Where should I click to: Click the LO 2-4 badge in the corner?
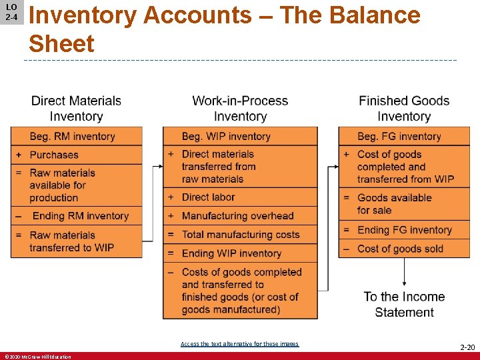click(11, 12)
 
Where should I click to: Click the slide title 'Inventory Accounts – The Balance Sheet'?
click(224, 29)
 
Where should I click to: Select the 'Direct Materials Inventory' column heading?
click(76, 109)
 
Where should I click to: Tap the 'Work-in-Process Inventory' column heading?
click(240, 109)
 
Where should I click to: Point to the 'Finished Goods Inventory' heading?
click(404, 109)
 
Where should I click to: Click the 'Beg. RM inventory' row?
click(77, 137)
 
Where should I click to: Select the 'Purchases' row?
click(77, 155)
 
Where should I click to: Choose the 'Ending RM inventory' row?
click(77, 216)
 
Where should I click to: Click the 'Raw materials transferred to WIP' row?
click(77, 241)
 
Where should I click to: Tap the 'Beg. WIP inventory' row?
click(240, 137)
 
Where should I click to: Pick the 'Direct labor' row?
click(240, 197)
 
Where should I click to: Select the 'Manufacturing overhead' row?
click(240, 216)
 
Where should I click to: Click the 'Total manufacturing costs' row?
click(240, 235)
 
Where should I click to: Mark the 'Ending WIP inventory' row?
click(240, 253)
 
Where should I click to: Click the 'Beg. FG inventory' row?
click(404, 137)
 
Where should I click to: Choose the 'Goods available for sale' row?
click(404, 204)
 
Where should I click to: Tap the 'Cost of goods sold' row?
click(404, 249)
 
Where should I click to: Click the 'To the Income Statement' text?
click(404, 305)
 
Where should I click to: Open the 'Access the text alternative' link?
click(239, 344)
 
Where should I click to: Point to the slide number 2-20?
click(467, 347)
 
